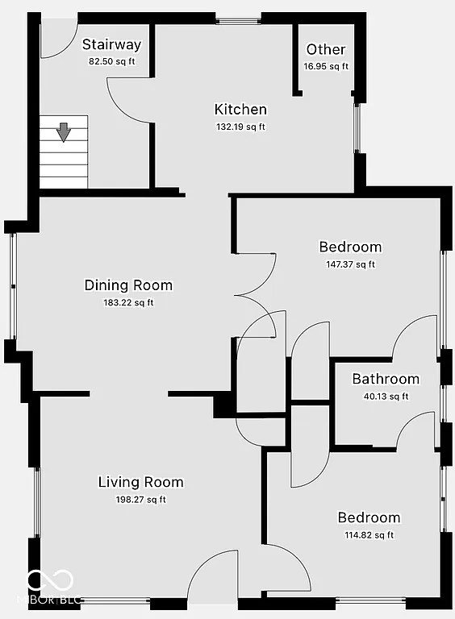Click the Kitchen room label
[x=240, y=110]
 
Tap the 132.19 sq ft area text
[x=240, y=127]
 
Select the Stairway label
[x=111, y=45]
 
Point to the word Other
[x=326, y=50]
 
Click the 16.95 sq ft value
[x=326, y=66]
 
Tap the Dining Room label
[x=128, y=285]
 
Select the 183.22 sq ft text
[x=128, y=303]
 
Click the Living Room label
[x=140, y=483]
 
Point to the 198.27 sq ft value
[x=140, y=500]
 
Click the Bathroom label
[x=386, y=379]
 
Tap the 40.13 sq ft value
[x=386, y=396]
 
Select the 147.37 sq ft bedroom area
[x=350, y=264]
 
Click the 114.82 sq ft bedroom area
[x=369, y=534]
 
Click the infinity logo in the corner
[x=50, y=581]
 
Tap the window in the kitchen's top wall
[x=238, y=19]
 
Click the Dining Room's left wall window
[x=12, y=285]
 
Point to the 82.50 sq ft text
[x=111, y=61]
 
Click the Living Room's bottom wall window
[x=115, y=600]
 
